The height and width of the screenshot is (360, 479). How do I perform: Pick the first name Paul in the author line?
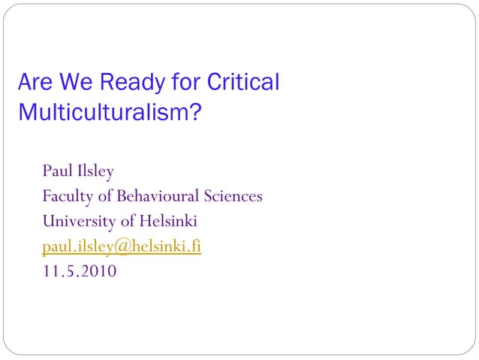point(57,171)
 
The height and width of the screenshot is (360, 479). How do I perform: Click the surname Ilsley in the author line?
point(95,171)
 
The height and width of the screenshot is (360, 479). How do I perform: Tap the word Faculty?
point(70,197)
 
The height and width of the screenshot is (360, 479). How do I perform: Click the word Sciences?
point(233,196)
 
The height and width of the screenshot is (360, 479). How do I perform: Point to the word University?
point(78,222)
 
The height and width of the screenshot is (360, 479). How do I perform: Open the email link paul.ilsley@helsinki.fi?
point(122,247)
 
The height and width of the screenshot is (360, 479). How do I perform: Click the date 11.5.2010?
point(80,271)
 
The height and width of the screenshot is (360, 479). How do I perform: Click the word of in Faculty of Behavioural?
point(108,196)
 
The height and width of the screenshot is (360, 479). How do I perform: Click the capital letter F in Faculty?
point(47,196)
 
